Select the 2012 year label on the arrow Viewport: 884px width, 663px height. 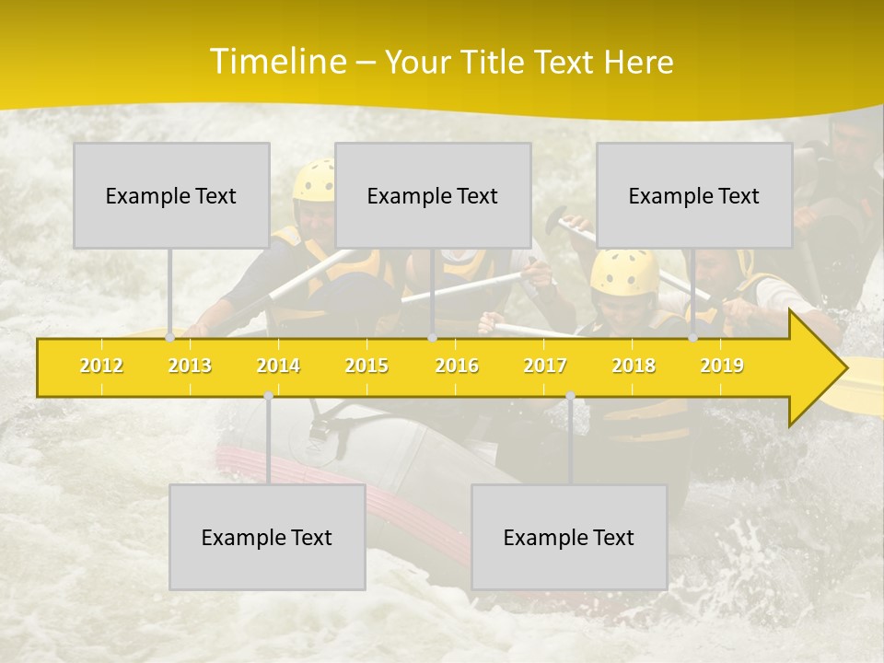click(x=101, y=366)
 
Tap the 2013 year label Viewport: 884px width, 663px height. click(x=190, y=366)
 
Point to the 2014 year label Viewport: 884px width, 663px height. click(x=278, y=366)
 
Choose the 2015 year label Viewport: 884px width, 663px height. click(x=366, y=366)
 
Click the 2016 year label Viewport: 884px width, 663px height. click(x=457, y=366)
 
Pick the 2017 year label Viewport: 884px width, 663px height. click(x=545, y=366)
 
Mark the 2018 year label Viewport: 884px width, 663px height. click(x=634, y=366)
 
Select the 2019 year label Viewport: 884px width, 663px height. click(x=722, y=366)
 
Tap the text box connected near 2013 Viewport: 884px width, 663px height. click(x=171, y=195)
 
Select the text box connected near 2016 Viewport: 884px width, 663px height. click(x=433, y=195)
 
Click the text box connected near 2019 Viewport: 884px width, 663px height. click(x=694, y=195)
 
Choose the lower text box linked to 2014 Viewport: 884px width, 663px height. click(x=267, y=537)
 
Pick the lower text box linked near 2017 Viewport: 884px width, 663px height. click(x=569, y=537)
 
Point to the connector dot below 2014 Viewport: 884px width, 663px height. click(x=268, y=395)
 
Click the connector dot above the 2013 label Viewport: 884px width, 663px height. click(x=170, y=337)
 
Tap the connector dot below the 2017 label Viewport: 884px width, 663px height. click(x=570, y=395)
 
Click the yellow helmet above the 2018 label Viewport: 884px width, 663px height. click(x=624, y=271)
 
